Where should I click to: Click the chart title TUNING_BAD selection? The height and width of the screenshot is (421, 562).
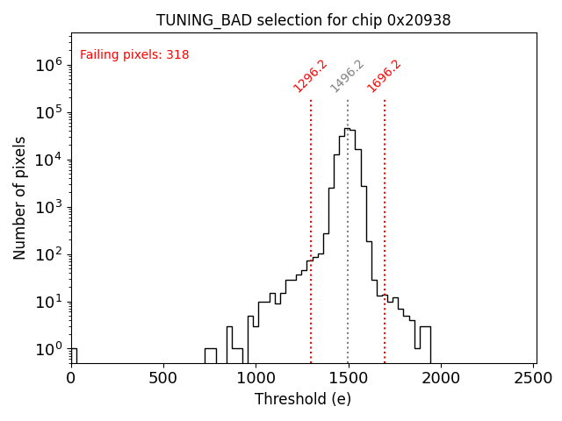pyautogui.click(x=303, y=20)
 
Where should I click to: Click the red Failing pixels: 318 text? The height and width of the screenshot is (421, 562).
pyautogui.click(x=134, y=55)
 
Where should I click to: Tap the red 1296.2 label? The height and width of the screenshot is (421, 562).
pyautogui.click(x=310, y=76)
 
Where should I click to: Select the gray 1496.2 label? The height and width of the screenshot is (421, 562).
pyautogui.click(x=347, y=76)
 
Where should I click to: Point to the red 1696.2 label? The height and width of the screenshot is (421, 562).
pyautogui.click(x=384, y=76)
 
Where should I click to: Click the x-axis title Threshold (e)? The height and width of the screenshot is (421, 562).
pyautogui.click(x=303, y=399)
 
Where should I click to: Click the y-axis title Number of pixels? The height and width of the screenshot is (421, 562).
pyautogui.click(x=20, y=197)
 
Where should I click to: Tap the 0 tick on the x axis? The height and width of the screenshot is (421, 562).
pyautogui.click(x=71, y=378)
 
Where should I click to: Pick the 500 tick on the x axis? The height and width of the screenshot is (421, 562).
pyautogui.click(x=163, y=378)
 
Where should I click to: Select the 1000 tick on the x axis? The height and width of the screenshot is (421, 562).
pyautogui.click(x=256, y=378)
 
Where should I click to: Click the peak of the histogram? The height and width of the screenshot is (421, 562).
pyautogui.click(x=347, y=129)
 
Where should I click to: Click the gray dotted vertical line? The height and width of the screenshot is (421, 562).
pyautogui.click(x=348, y=246)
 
